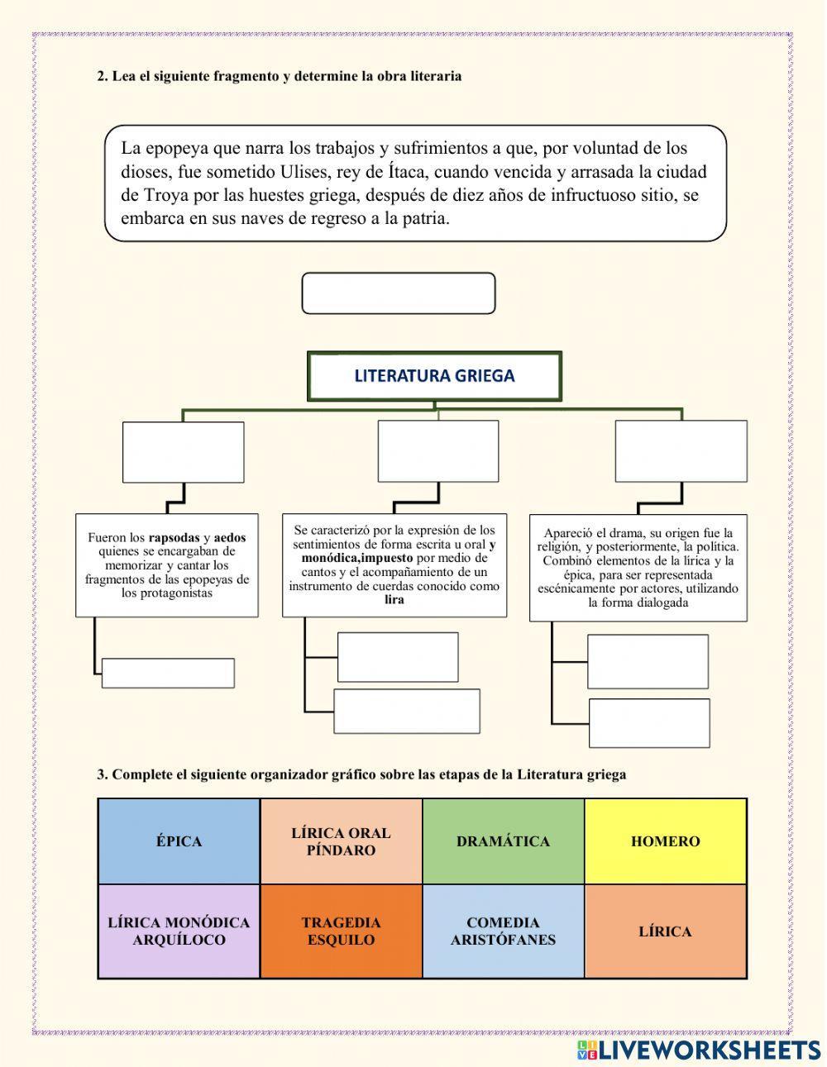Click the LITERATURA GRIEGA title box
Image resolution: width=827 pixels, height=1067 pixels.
point(434,376)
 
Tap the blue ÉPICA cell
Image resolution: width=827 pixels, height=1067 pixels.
point(179,841)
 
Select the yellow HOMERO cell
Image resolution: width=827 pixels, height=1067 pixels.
point(665,841)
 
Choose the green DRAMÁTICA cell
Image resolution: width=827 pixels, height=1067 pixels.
point(503,841)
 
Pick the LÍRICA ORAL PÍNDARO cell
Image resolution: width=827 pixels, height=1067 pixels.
point(341,841)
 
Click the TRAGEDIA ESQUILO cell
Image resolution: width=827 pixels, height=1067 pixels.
point(341,931)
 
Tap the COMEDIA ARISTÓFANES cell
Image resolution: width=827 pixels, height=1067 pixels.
point(503,931)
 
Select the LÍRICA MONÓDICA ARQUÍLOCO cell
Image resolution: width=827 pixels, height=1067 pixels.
point(179,931)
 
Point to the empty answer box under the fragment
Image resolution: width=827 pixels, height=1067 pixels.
point(398,293)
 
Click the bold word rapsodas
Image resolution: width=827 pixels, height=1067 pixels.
point(174,537)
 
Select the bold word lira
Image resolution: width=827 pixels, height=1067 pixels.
point(394,599)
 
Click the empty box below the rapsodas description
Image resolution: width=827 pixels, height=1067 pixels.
point(168,673)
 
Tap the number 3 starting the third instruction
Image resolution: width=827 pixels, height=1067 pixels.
point(101,774)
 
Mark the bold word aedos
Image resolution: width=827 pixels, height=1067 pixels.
point(230,537)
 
